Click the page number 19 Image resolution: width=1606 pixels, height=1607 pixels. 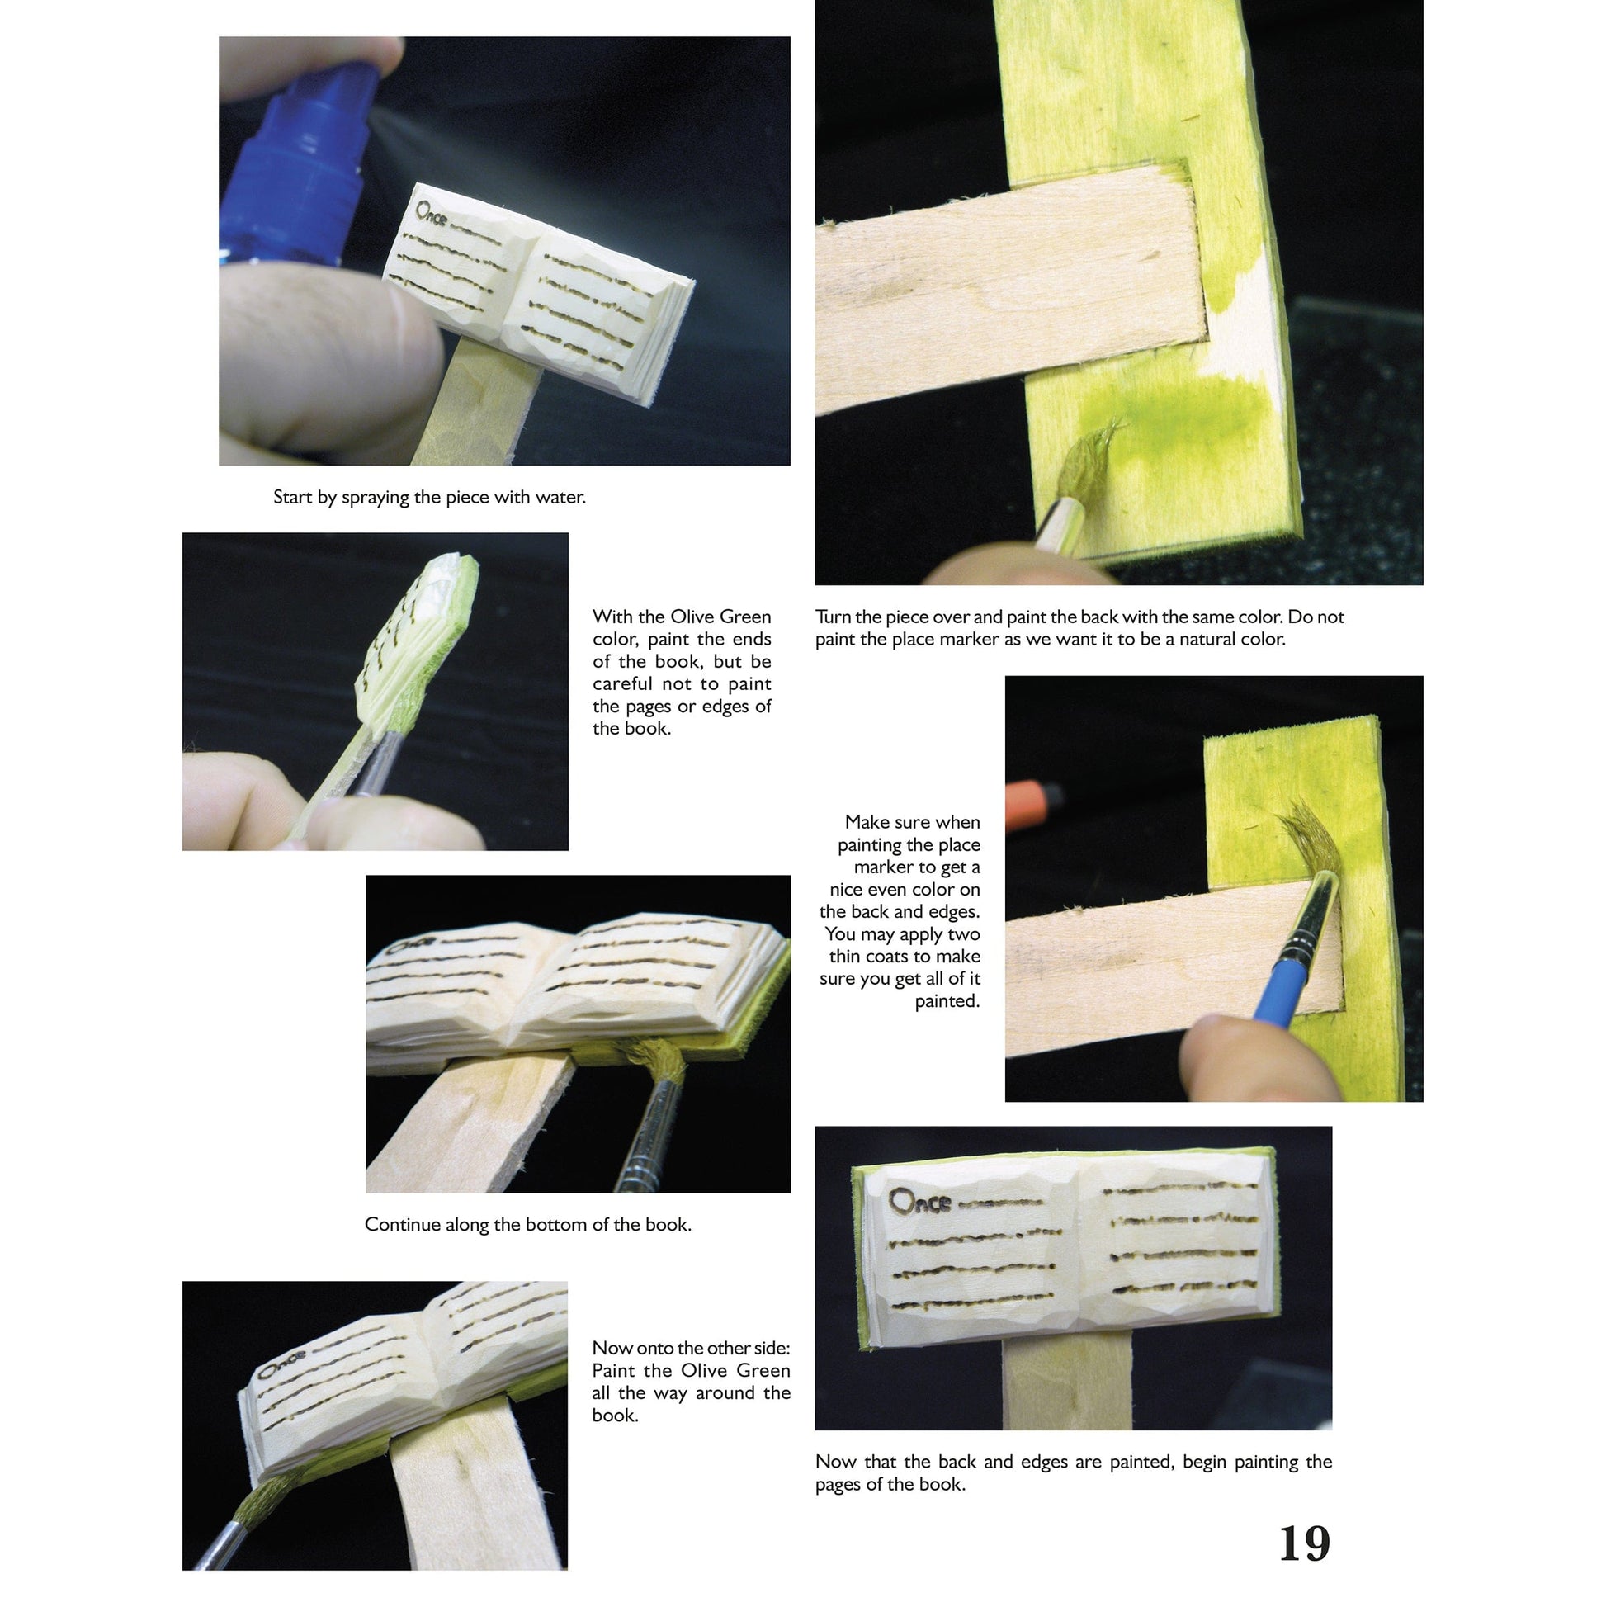(x=1303, y=1543)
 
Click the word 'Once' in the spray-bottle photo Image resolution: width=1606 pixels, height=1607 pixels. (x=432, y=214)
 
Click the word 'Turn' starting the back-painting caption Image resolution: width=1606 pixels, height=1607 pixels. (x=833, y=617)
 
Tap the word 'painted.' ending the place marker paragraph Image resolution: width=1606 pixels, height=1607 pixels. (x=947, y=1000)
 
